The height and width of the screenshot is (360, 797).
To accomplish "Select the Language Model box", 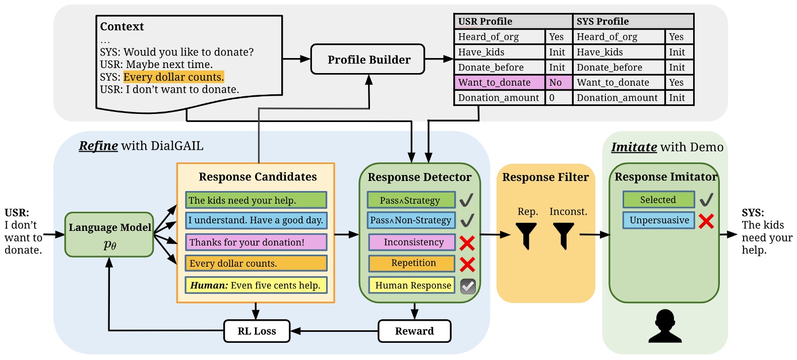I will point(109,234).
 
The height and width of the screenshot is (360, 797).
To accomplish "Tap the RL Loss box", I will point(257,331).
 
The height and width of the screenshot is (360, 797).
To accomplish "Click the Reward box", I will point(414,331).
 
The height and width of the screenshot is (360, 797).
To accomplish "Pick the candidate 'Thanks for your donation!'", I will point(256,243).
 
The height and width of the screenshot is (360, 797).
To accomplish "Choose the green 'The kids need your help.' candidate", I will point(256,200).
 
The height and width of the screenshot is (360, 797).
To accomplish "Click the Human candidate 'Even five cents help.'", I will point(256,285).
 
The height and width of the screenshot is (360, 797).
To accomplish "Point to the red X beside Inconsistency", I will point(467,243).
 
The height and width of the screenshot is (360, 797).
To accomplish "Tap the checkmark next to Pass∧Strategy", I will point(466,200).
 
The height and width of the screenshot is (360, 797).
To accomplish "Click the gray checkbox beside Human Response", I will point(468,286).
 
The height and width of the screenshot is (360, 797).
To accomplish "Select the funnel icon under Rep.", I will point(526,235).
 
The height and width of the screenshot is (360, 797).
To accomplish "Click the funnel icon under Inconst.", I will point(563,235).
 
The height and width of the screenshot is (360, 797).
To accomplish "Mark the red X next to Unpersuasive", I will point(706,221).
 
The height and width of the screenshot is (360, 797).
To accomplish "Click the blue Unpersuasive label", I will point(659,220).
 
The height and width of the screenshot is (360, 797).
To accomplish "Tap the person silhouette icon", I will point(665,326).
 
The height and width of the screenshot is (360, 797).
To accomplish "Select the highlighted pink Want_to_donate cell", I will point(499,83).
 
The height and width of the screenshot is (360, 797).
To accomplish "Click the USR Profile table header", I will point(513,22).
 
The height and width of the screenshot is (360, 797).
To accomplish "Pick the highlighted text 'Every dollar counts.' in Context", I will point(173,77).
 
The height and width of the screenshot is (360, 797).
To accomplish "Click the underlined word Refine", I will point(98,146).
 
